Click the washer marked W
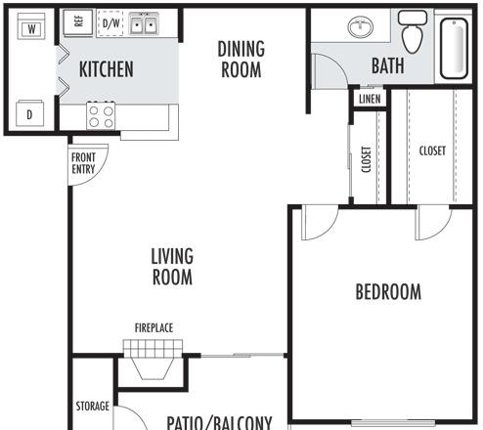pyautogui.click(x=31, y=26)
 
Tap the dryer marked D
pyautogui.click(x=29, y=113)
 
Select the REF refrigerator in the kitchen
pyautogui.click(x=78, y=22)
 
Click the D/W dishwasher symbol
pyautogui.click(x=110, y=22)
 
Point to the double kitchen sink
pyautogui.click(x=144, y=23)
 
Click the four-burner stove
pyautogui.click(x=101, y=115)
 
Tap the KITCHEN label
pyautogui.click(x=107, y=69)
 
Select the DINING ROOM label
pyautogui.click(x=241, y=59)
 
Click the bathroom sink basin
pyautogui.click(x=361, y=27)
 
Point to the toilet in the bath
pyautogui.click(x=413, y=31)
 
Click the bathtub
pyautogui.click(x=455, y=48)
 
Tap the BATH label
pyautogui.click(x=388, y=65)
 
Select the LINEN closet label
pyautogui.click(x=370, y=99)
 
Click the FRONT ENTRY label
pyautogui.click(x=83, y=163)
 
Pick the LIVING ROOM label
pyautogui.click(x=172, y=267)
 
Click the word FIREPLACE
pyautogui.click(x=154, y=327)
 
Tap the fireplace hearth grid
pyautogui.click(x=153, y=349)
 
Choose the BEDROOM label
pyautogui.click(x=388, y=291)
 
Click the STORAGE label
pyautogui.click(x=93, y=407)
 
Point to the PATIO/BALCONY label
pyautogui.click(x=219, y=423)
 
